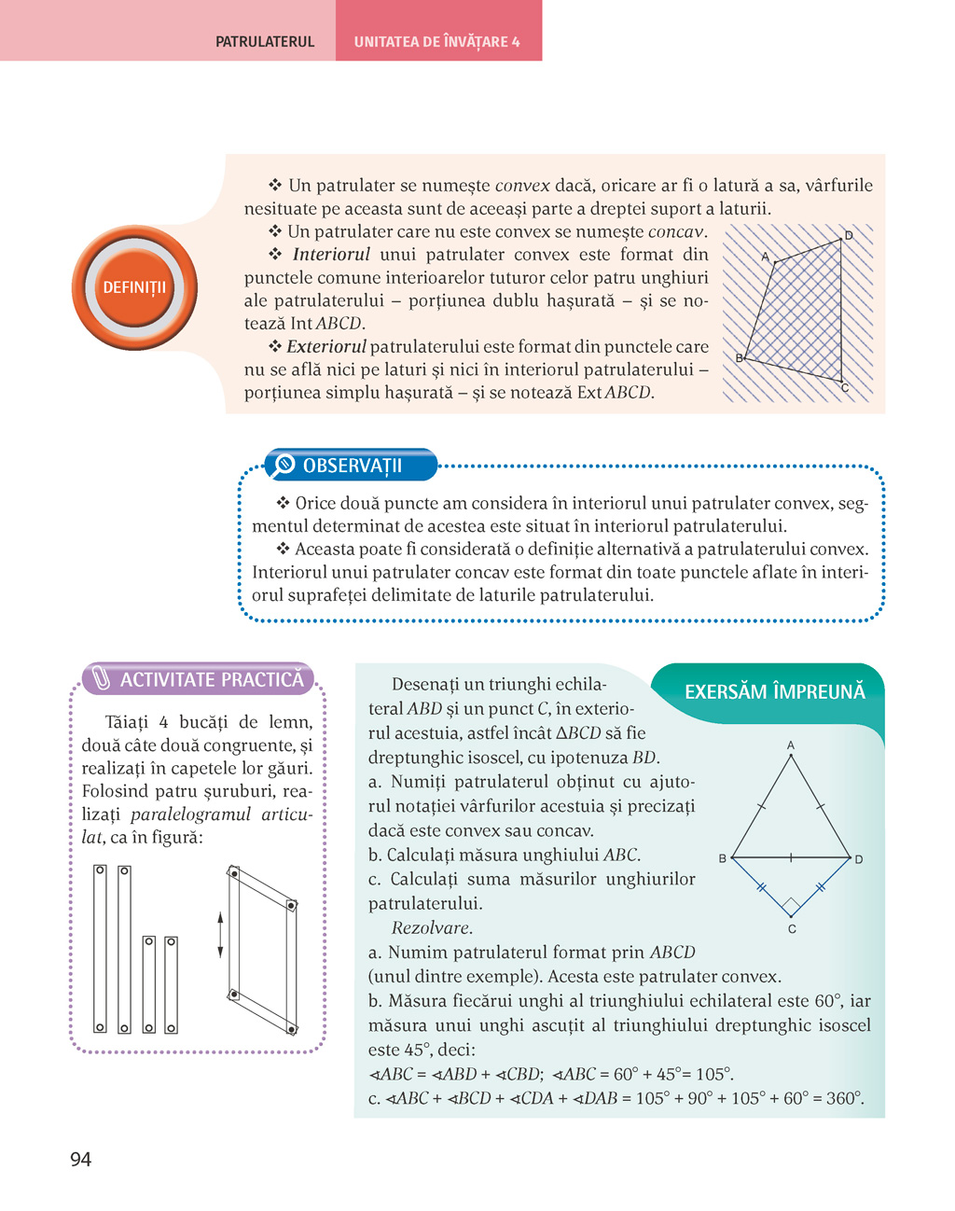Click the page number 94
pos(80,1159)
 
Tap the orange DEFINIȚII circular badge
pos(134,287)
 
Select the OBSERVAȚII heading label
pos(352,466)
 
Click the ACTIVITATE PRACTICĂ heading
pos(212,679)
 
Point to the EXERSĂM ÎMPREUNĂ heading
pos(774,691)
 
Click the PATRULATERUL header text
pos(265,42)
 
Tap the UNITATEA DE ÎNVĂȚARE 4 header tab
pos(436,42)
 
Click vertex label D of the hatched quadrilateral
pos(849,236)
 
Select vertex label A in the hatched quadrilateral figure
pos(766,257)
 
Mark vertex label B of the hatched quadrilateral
pos(739,358)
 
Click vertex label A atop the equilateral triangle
pos(791,745)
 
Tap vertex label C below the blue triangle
pos(792,929)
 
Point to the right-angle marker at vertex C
pos(791,906)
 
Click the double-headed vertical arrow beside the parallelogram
pos(220,935)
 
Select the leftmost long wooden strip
pos(100,948)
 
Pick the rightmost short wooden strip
pos(172,984)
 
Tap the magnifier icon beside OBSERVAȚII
pos(283,465)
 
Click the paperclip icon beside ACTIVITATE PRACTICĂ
pos(101,679)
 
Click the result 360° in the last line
pos(843,1098)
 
